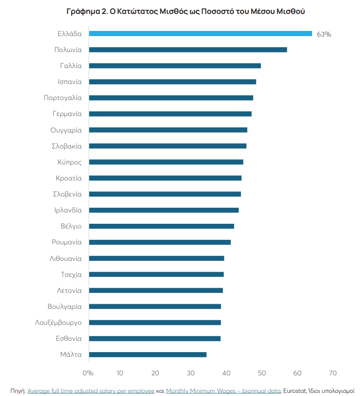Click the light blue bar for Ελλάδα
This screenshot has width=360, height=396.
click(x=200, y=34)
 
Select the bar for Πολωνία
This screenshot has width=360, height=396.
click(x=188, y=49)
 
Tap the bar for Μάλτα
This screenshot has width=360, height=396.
click(x=148, y=354)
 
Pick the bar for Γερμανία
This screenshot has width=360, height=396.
click(x=170, y=113)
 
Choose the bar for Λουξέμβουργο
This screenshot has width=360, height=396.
click(x=155, y=322)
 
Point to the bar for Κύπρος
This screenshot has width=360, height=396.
click(x=166, y=162)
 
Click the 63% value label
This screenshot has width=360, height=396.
click(x=324, y=34)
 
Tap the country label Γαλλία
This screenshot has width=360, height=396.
click(x=71, y=65)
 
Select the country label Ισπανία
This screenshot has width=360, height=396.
click(x=70, y=81)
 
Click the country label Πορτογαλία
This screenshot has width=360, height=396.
click(x=63, y=97)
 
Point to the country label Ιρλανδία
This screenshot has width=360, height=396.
click(x=68, y=210)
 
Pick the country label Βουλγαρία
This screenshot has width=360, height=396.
click(x=64, y=306)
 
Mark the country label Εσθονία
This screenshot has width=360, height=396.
click(x=69, y=338)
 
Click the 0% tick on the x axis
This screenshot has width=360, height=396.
click(x=88, y=373)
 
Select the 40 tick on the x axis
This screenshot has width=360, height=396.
click(x=226, y=373)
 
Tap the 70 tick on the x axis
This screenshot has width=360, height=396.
click(x=333, y=373)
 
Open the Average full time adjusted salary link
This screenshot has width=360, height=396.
click(x=90, y=390)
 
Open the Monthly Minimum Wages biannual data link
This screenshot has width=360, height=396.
click(x=223, y=390)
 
